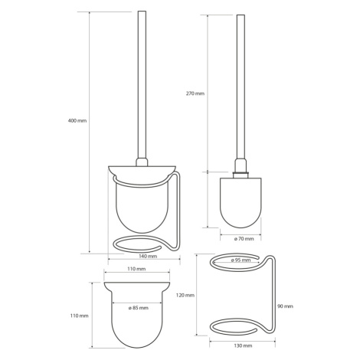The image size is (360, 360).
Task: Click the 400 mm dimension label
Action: point(77,121)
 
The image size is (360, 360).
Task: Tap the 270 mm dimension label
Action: point(195,93)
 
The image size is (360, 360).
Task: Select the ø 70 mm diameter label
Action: point(244,239)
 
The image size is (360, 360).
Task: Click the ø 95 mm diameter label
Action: point(241,260)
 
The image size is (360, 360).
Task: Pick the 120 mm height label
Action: point(185,296)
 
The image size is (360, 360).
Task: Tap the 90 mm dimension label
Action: point(285,306)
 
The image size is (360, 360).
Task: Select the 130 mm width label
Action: point(243,345)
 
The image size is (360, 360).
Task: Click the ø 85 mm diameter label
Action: point(138,308)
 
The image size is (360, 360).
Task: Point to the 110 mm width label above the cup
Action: point(136,269)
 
